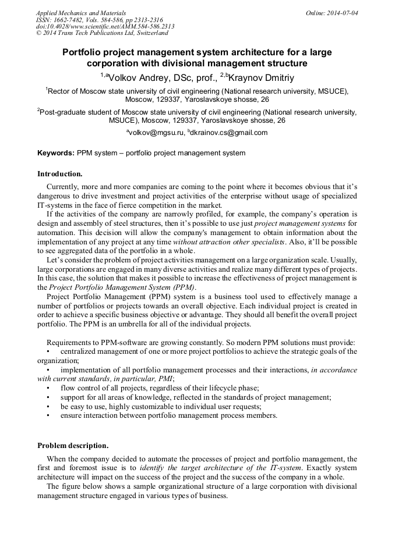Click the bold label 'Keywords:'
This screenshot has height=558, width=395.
[x=56, y=153]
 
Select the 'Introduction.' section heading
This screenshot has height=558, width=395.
[x=60, y=174]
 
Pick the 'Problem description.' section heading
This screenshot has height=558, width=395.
[x=73, y=446]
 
